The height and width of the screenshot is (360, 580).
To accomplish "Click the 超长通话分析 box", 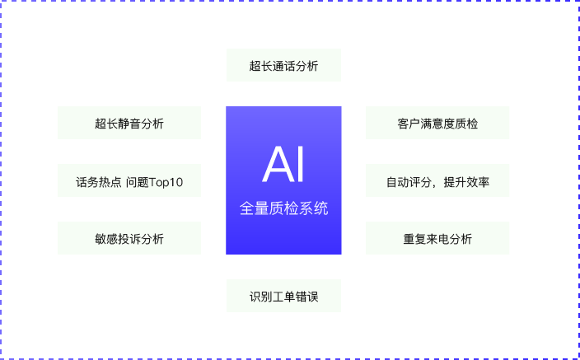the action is tap(283, 65).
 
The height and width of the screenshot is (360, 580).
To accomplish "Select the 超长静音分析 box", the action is tap(129, 123).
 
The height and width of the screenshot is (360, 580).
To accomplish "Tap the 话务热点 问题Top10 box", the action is tap(129, 180).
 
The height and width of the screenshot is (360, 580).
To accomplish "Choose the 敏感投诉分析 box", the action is tap(129, 238).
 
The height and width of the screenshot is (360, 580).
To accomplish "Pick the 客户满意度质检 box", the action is tap(437, 123).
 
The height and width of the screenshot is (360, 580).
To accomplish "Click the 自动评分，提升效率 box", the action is tap(437, 180).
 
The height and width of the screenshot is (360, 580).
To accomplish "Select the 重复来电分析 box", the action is tap(437, 238).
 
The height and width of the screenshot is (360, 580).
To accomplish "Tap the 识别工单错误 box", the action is tap(283, 296).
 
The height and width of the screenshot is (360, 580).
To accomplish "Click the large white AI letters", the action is tap(283, 164).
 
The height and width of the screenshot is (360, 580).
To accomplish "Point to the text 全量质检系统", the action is tap(283, 208).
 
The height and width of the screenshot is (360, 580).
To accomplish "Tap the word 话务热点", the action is tap(99, 182).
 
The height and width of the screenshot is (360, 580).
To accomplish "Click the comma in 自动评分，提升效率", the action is tap(435, 185).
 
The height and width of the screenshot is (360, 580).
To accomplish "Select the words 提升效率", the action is tap(466, 182).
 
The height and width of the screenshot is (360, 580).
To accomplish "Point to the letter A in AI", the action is tap(277, 164).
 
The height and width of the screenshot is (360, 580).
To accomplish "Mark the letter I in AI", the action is tap(301, 164).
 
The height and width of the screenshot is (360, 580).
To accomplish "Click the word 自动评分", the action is tap(409, 182).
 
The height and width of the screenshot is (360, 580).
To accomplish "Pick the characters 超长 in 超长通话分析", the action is tap(261, 66).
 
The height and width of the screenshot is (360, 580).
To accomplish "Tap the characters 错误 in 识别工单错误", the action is tap(307, 297).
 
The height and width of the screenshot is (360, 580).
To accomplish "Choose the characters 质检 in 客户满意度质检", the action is tap(467, 124).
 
